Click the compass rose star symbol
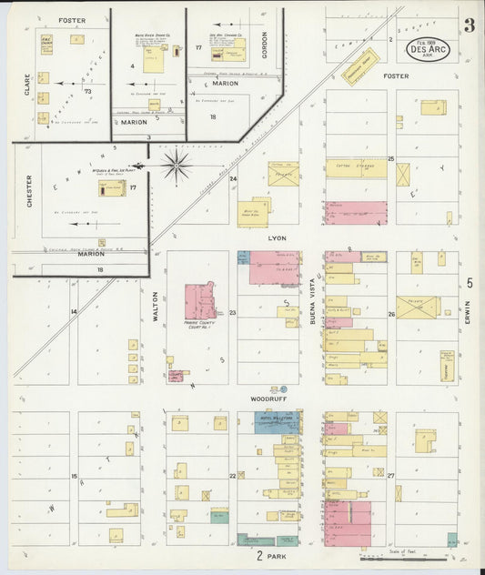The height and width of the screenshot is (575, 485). pyautogui.click(x=176, y=166)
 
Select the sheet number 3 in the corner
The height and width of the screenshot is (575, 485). pyautogui.click(x=468, y=25)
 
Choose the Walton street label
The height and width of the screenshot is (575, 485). pyautogui.click(x=156, y=307)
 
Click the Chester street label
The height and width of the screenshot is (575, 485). pyautogui.click(x=29, y=191)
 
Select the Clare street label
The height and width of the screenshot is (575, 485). pyautogui.click(x=26, y=86)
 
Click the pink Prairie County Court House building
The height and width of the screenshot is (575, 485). pyautogui.click(x=200, y=301)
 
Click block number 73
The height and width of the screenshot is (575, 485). pyautogui.click(x=88, y=91)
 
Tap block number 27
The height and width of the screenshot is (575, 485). pyautogui.click(x=390, y=476)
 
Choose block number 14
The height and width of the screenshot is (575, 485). pyautogui.click(x=74, y=311)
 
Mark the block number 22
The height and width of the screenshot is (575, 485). pyautogui.click(x=233, y=476)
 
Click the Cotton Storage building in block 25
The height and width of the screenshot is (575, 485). pyautogui.click(x=356, y=168)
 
